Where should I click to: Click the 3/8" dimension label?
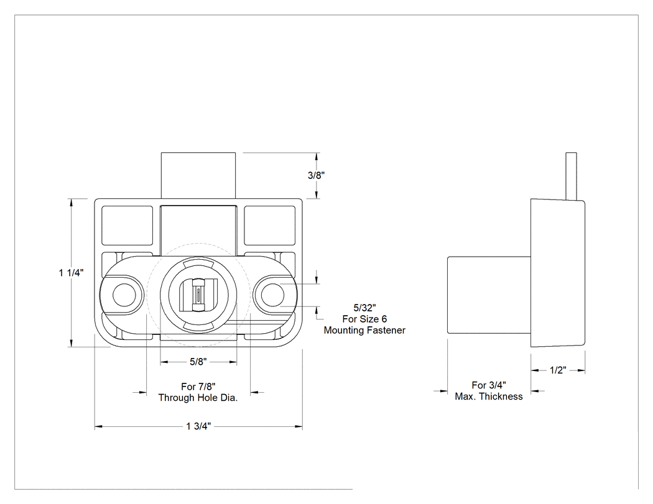click(x=316, y=175)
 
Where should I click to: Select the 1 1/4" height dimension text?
click(x=72, y=273)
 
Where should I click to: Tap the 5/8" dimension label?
click(x=198, y=362)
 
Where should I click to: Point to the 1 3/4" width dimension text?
click(x=198, y=426)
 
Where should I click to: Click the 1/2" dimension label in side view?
click(x=558, y=370)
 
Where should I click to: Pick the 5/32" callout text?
click(x=365, y=308)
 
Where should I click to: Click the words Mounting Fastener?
click(x=364, y=330)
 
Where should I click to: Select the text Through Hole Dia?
click(x=198, y=398)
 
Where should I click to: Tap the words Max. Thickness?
click(x=488, y=396)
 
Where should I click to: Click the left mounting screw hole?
click(x=124, y=295)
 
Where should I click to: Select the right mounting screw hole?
click(x=273, y=295)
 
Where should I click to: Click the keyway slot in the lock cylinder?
click(x=198, y=295)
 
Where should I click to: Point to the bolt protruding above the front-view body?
click(x=198, y=175)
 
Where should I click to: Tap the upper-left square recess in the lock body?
click(x=127, y=226)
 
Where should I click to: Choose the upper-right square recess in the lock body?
click(x=269, y=226)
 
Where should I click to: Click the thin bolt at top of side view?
click(x=572, y=176)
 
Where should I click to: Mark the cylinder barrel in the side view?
click(x=489, y=295)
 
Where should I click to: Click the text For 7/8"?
click(x=198, y=386)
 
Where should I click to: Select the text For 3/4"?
click(x=489, y=385)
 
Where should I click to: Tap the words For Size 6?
click(x=364, y=319)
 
